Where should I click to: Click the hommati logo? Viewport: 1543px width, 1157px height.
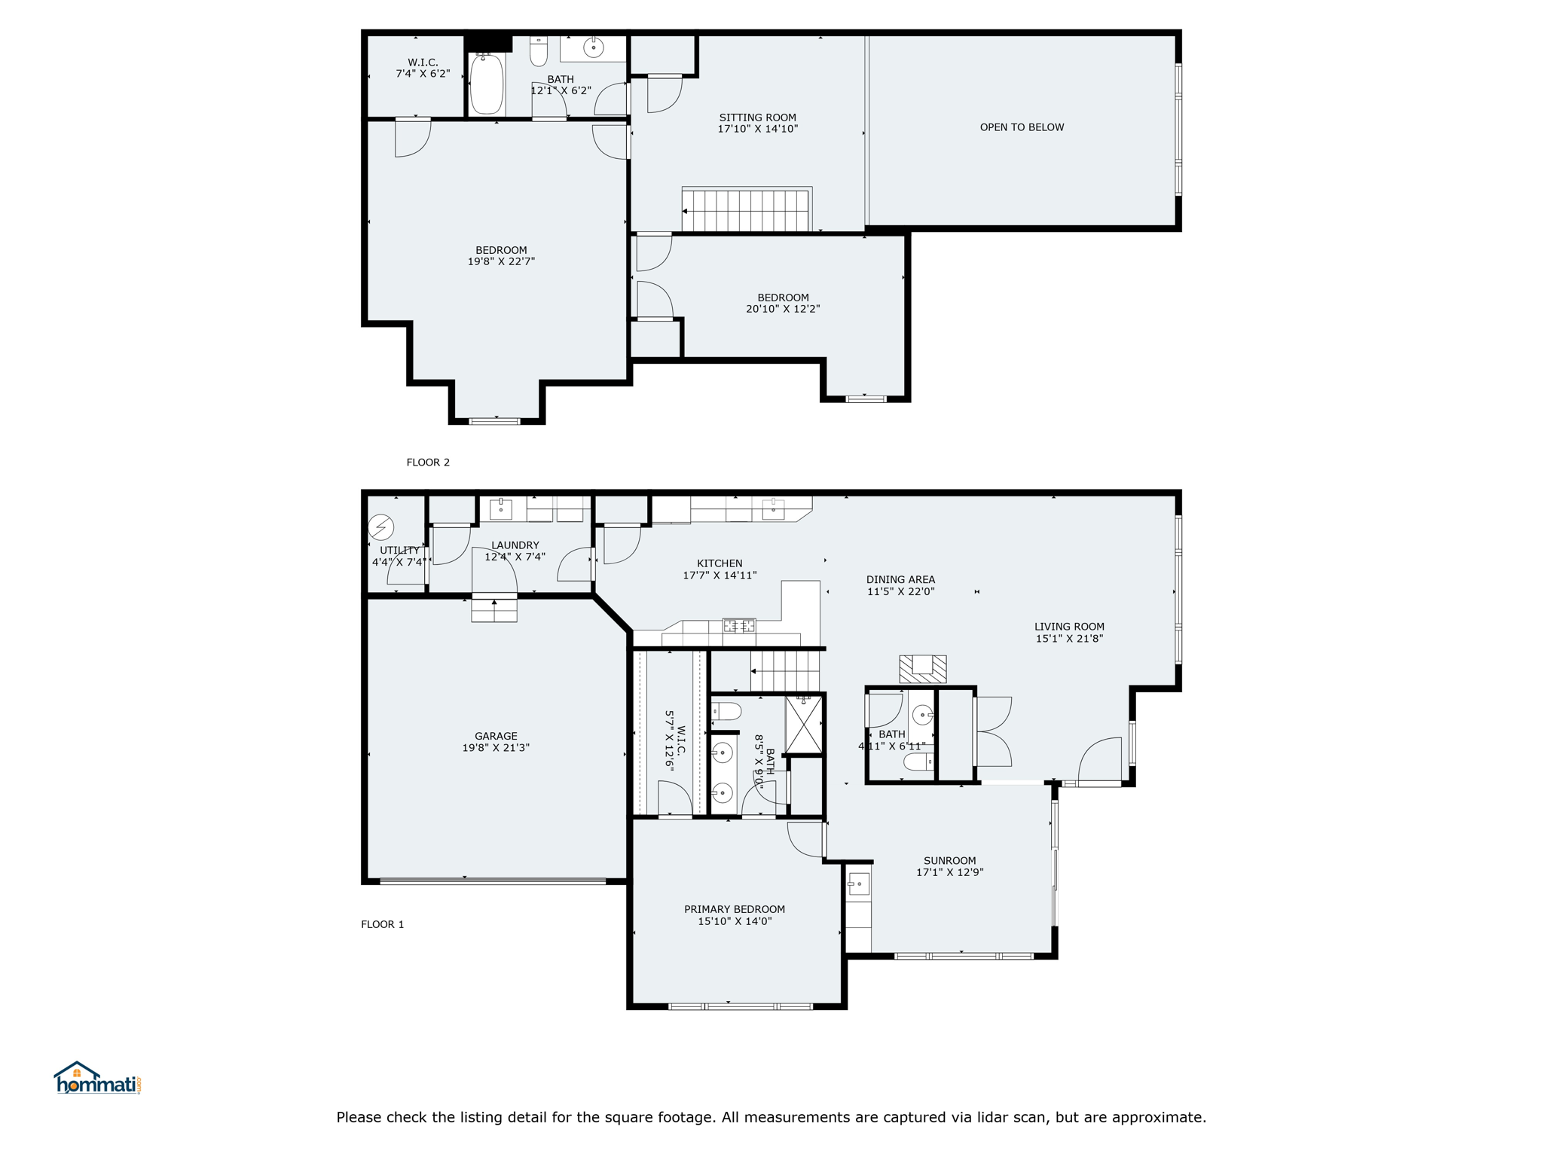coord(97,1078)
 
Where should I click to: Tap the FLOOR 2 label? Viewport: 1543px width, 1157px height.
coord(428,462)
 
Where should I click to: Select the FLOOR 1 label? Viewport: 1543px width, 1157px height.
coord(383,924)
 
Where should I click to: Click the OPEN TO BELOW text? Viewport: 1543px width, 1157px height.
coord(1022,127)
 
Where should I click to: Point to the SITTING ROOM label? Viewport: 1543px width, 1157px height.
coord(757,118)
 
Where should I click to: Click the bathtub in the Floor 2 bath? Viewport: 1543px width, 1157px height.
coord(487,83)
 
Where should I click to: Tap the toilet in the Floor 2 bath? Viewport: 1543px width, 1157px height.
coord(539,51)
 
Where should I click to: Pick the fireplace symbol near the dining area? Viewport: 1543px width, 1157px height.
coord(922,669)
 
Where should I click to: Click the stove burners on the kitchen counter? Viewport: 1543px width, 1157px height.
coord(739,625)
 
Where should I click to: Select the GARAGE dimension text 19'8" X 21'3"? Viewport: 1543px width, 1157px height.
coord(496,748)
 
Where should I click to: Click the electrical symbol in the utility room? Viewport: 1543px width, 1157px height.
coord(381,527)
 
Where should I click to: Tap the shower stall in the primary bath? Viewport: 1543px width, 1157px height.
coord(804,725)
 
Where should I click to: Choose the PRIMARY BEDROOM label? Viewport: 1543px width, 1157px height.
coord(735,909)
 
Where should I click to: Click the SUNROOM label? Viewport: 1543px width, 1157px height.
coord(949,860)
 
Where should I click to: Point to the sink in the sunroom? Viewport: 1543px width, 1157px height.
coord(859,884)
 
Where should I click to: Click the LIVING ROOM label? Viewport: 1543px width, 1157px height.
coord(1069,626)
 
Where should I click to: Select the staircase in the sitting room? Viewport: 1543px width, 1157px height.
coord(745,210)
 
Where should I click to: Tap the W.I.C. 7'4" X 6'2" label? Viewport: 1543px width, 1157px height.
coord(423,68)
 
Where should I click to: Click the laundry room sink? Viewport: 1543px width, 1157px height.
coord(501,509)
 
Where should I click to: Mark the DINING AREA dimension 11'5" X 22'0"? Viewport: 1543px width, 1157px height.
coord(900,591)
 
